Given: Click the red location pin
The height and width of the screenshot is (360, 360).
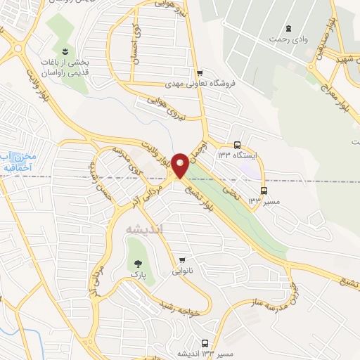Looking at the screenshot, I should (180, 165).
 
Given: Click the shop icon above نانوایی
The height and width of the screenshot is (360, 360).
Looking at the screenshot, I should (183, 259).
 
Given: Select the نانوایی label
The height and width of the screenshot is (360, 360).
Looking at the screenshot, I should (182, 271).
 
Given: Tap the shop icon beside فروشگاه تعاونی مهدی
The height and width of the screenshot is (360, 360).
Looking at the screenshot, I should (200, 72).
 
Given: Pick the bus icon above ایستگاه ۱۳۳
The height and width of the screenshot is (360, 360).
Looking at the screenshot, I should (237, 141).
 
